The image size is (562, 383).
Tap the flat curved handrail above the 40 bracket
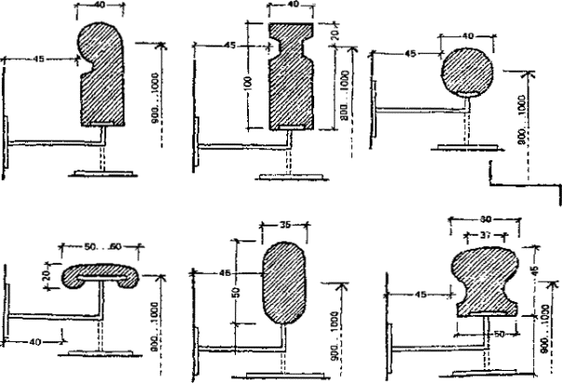[101, 276]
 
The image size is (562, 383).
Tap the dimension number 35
[285, 225]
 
